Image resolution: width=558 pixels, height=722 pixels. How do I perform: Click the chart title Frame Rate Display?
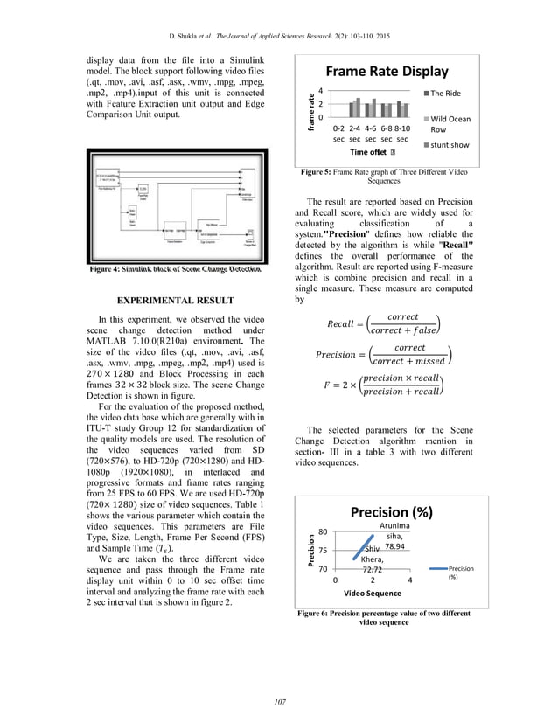click(x=387, y=72)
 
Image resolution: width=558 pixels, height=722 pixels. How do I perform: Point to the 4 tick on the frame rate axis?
click(x=321, y=91)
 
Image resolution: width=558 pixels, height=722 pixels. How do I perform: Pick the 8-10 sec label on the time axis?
click(x=402, y=134)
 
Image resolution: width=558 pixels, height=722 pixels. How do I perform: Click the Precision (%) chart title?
click(x=392, y=512)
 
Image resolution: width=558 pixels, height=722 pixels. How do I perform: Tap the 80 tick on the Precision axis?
click(x=322, y=531)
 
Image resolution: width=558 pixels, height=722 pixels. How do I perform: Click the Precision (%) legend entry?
click(x=460, y=573)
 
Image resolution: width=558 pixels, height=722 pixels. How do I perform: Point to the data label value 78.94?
click(x=395, y=545)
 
